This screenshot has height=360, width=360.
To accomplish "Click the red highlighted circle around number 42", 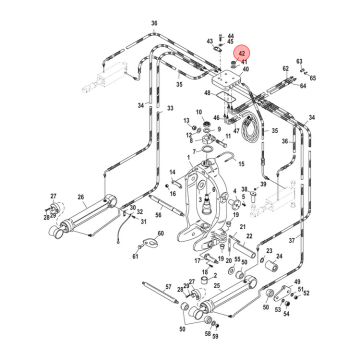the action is [x=241, y=53].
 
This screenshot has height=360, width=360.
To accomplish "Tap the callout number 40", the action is [x=245, y=69].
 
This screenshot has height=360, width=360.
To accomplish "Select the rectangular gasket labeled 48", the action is [x=226, y=97].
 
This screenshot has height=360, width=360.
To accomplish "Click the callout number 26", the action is [x=81, y=197].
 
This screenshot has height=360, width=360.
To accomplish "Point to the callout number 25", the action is [x=217, y=286].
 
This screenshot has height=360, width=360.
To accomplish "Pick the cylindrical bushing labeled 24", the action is [x=272, y=266].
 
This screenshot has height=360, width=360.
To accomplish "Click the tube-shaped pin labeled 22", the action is [x=244, y=250].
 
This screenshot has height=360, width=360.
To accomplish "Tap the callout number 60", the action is [x=160, y=233].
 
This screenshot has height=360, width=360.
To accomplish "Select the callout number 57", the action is [x=168, y=287].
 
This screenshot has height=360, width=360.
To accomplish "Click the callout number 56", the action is [x=158, y=215].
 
